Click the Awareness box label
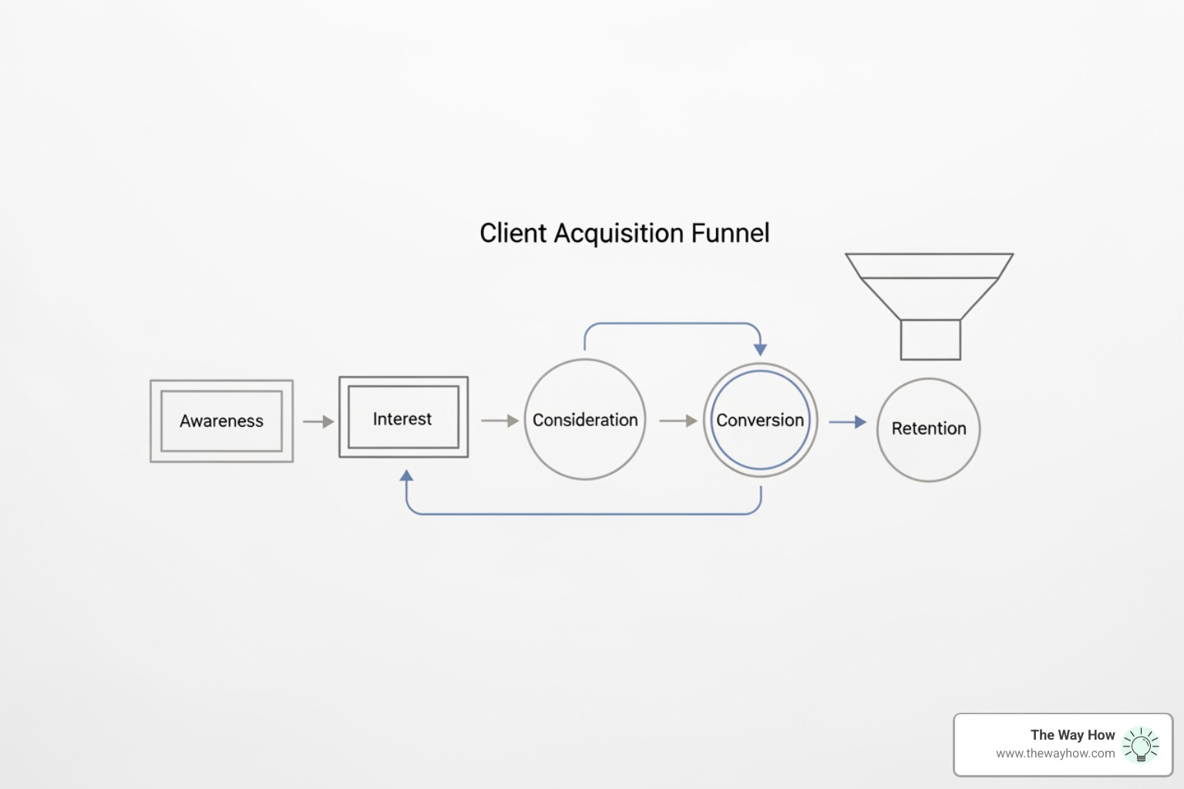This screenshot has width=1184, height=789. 221,421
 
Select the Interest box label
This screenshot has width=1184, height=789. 402,418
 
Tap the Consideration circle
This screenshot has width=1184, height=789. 585,420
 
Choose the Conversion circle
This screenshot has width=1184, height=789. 760,420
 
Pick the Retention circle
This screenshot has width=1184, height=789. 929,428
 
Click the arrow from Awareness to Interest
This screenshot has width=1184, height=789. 318,421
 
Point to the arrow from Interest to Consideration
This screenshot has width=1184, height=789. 499,421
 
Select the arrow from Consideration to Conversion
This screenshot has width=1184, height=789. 678,421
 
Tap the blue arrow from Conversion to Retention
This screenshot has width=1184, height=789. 847,422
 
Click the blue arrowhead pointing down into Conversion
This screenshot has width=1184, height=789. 760,349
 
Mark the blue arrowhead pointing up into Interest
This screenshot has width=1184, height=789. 407,475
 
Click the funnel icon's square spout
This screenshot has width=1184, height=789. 930,339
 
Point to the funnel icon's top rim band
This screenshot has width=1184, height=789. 930,266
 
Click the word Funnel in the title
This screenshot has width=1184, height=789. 730,233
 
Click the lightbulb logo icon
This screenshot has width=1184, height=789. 1141,745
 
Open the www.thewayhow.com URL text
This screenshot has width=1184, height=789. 1054,754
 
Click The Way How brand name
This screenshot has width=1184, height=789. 1072,735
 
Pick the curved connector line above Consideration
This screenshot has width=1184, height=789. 671,324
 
